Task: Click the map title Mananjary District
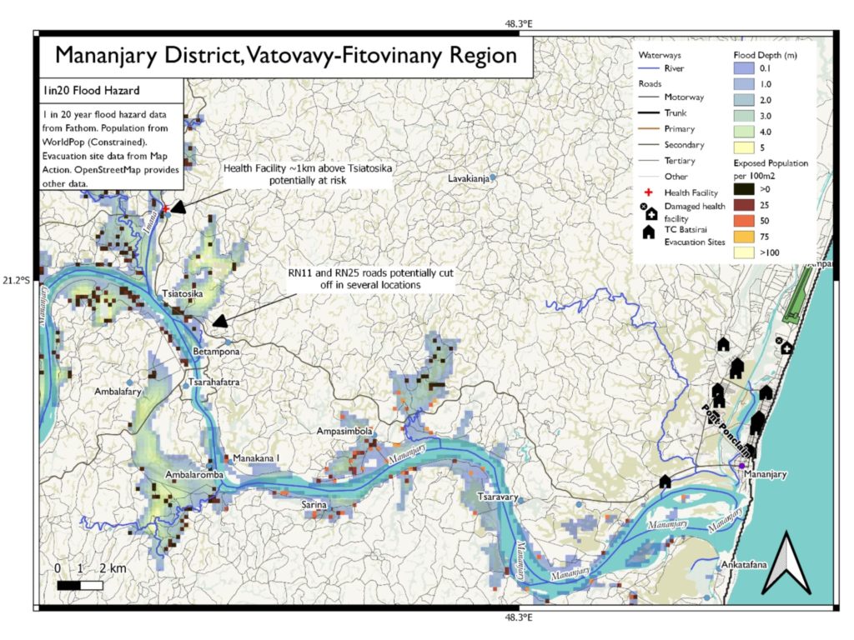pyautogui.click(x=285, y=56)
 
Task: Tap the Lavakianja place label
pyautogui.click(x=467, y=178)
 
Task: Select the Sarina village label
pyautogui.click(x=314, y=505)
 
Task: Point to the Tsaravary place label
pyautogui.click(x=498, y=497)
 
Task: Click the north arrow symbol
pyautogui.click(x=785, y=564)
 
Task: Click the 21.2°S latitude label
pyautogui.click(x=18, y=280)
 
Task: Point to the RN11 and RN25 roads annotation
pyautogui.click(x=371, y=279)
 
